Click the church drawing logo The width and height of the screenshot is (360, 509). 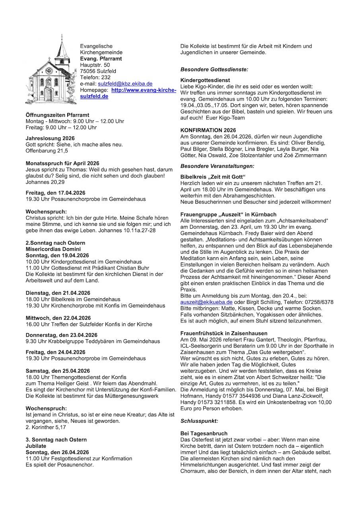click(x=51, y=71)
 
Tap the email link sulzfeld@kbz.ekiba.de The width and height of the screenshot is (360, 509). click(x=125, y=84)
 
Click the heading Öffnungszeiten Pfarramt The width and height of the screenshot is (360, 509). click(x=57, y=115)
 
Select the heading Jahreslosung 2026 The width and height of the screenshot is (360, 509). click(x=50, y=138)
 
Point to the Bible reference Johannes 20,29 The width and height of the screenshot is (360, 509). click(x=45, y=182)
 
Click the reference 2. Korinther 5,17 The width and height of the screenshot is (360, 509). click(x=46, y=427)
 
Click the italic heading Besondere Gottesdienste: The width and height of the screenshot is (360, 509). click(x=214, y=69)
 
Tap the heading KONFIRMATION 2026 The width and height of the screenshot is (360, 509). click(x=208, y=130)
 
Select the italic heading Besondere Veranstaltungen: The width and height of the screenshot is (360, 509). click(x=217, y=165)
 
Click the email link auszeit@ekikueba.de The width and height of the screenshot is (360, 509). click(x=206, y=302)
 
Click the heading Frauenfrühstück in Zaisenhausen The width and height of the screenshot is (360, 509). click(x=224, y=333)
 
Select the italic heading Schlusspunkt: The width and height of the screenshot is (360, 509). click(x=199, y=420)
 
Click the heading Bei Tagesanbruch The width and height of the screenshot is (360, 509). click(x=204, y=433)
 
